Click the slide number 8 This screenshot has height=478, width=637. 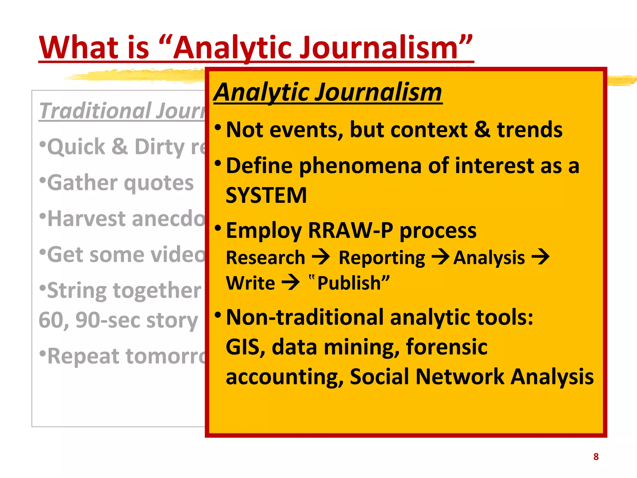(596, 457)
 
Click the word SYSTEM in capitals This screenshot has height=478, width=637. (266, 195)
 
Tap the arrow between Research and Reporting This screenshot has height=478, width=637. (321, 257)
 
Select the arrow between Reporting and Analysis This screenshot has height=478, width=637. (440, 257)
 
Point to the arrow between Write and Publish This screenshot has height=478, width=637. (291, 283)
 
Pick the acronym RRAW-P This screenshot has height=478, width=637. (351, 230)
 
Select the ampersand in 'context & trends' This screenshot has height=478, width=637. (482, 129)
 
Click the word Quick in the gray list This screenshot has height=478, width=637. (76, 147)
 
